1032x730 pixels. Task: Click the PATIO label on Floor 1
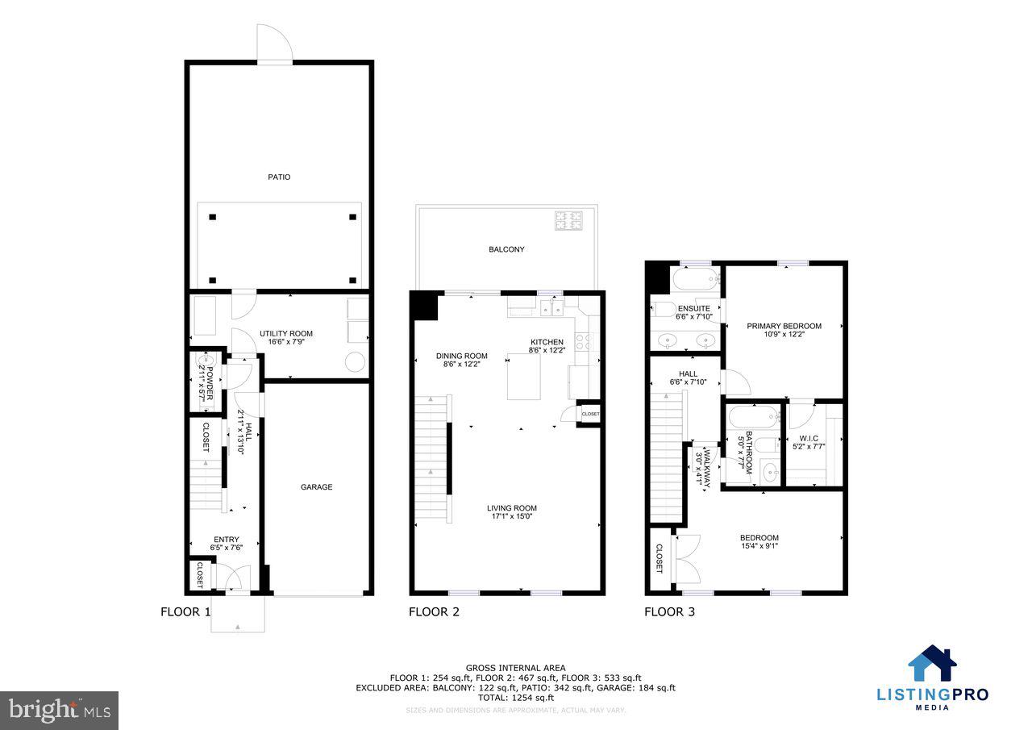click(279, 177)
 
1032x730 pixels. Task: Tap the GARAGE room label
click(316, 487)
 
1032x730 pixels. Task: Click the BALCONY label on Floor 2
click(506, 249)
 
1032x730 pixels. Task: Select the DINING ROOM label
click(462, 356)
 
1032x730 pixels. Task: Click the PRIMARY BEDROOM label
click(784, 326)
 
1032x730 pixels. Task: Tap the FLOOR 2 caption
click(434, 612)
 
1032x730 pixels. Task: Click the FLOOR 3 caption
click(669, 612)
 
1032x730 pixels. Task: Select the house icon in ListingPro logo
click(932, 664)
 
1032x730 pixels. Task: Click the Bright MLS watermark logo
click(59, 710)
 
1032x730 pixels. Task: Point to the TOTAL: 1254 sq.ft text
click(515, 698)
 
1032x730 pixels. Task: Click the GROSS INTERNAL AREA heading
click(515, 668)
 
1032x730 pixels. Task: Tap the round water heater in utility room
click(356, 362)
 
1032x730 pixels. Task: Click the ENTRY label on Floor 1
click(226, 540)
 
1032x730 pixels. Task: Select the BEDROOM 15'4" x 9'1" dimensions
click(759, 546)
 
